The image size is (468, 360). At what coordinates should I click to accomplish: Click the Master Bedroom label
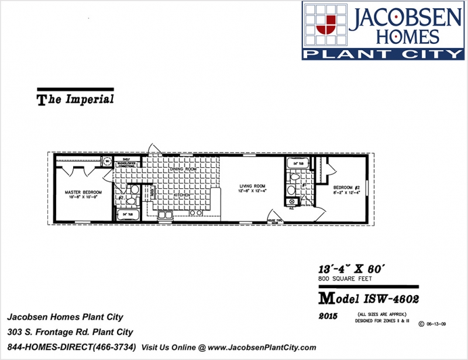pyautogui.click(x=84, y=192)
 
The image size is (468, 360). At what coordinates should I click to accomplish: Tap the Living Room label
pyautogui.click(x=252, y=187)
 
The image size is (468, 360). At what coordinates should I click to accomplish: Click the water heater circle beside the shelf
pyautogui.click(x=108, y=160)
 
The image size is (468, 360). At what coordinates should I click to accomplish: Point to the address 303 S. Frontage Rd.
pyautogui.click(x=70, y=333)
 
